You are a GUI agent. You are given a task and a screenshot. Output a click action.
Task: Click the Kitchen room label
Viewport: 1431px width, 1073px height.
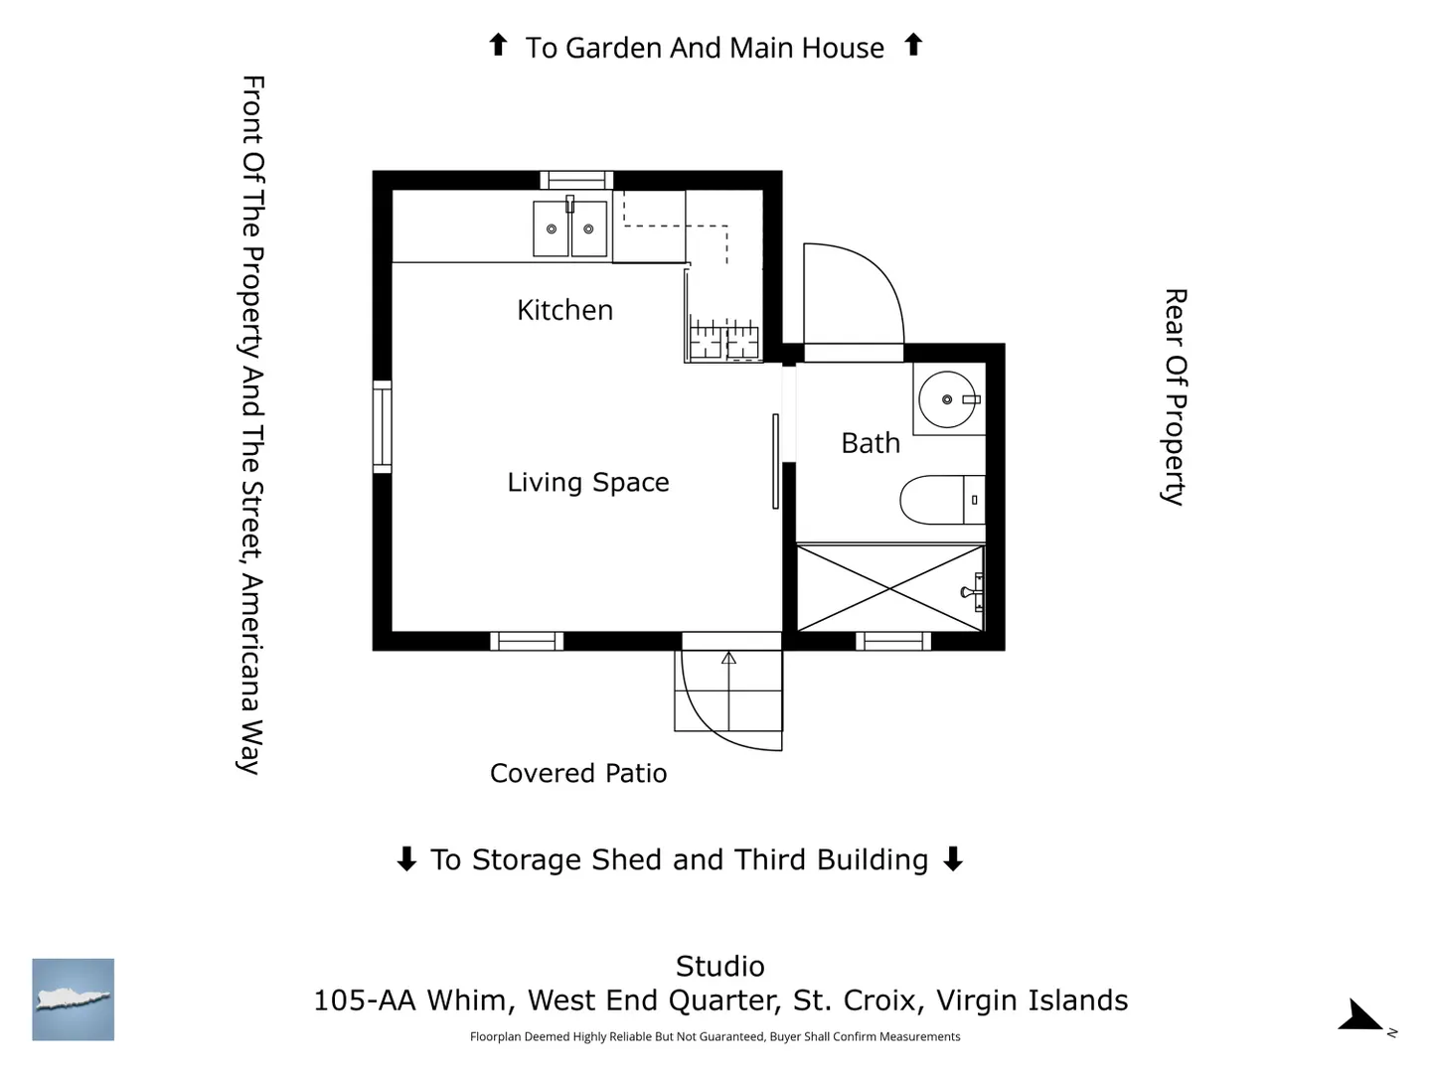pos(564,310)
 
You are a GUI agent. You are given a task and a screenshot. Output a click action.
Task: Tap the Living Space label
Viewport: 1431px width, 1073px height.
pos(588,483)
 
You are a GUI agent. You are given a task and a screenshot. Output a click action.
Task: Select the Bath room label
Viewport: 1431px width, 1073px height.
pos(871,444)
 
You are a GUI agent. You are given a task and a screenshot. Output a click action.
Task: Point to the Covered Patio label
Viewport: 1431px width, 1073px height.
pos(578,774)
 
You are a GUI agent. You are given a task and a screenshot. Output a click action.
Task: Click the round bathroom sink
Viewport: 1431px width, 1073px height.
pos(947,399)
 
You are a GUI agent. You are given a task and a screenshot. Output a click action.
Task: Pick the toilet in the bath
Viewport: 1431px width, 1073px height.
pos(942,500)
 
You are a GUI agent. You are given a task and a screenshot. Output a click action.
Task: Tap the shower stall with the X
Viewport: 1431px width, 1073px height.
pos(889,588)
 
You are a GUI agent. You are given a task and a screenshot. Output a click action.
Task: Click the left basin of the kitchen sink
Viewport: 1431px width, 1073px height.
pos(551,229)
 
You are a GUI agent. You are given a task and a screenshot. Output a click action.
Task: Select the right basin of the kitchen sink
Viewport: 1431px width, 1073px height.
pos(588,229)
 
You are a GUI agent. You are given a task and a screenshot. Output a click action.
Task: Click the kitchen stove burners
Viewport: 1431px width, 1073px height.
pos(724,340)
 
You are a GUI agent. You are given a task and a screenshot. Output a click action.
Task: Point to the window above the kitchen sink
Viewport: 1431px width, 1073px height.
pos(576,180)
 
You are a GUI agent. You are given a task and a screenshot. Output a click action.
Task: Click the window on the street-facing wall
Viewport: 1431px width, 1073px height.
pos(382,427)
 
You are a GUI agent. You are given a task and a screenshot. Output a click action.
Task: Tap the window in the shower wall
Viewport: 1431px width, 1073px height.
pos(893,641)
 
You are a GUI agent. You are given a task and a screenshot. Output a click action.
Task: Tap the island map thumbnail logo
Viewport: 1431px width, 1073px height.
pos(73,999)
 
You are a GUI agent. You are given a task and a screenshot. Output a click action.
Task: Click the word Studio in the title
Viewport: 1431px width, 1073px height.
pos(719,966)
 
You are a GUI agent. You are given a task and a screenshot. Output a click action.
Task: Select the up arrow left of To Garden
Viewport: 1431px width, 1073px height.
pos(498,45)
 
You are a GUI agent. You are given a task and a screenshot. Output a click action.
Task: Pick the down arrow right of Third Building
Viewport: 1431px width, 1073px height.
pos(953,858)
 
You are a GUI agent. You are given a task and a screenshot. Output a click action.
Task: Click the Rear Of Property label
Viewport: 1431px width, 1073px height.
pos(1175,396)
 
